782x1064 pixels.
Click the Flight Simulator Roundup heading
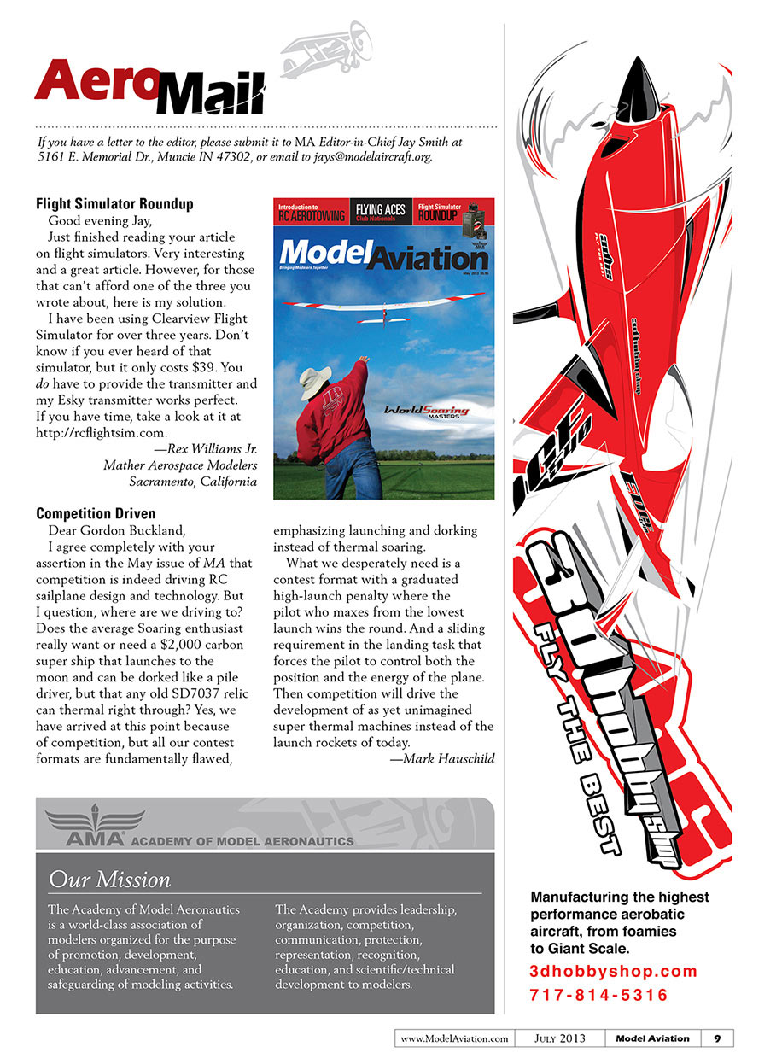point(114,204)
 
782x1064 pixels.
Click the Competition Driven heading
point(96,514)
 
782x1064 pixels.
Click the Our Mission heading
point(109,879)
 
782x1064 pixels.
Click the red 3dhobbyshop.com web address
point(613,971)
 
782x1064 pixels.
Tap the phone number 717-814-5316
point(598,995)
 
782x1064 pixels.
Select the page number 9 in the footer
point(717,1038)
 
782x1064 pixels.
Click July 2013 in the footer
point(561,1038)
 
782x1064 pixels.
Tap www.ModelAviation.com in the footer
point(454,1038)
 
